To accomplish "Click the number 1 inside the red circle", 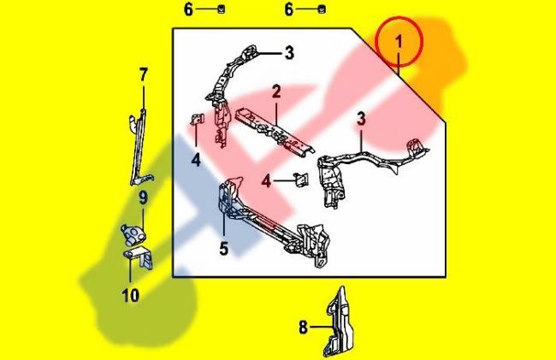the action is pos(399,42).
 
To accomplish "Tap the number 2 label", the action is pos(276,91).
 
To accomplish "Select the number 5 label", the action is pos(224,248).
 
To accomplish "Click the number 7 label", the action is pos(143,75).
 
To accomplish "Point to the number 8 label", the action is pos(303,328).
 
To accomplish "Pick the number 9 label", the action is pos(143,198).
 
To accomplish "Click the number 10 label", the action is pos(131,296).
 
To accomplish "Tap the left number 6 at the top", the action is pos(189,9).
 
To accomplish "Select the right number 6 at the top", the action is pos(289,9).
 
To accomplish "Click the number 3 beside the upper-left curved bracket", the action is pos(290,53).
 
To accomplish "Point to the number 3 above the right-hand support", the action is pos(361,119).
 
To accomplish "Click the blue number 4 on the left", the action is pos(196,160).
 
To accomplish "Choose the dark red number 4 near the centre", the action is pos(266,181).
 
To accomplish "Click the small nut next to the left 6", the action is pos(222,9).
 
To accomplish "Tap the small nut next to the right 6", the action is pos(322,9).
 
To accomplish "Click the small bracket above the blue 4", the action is pos(197,119).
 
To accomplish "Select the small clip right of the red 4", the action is pos(301,180).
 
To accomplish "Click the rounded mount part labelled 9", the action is pos(133,234).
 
